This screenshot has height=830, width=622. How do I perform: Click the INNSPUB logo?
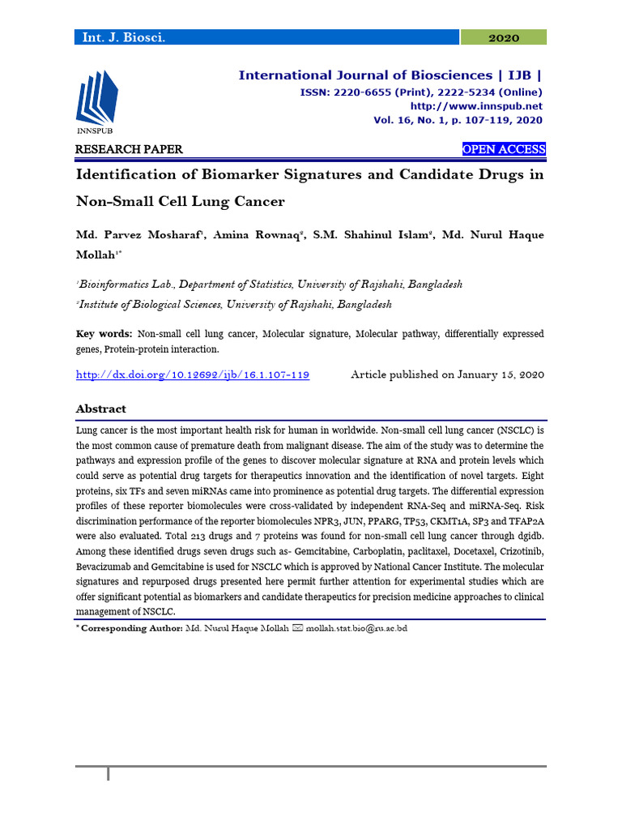coord(96,101)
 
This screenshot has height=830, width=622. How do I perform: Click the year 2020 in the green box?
coord(503,37)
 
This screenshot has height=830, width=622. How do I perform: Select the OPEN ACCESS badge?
coord(503,149)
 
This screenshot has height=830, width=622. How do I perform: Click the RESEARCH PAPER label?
coord(129,149)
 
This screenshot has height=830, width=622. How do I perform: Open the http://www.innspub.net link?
coord(476,106)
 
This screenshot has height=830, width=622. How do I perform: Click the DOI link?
coord(193,374)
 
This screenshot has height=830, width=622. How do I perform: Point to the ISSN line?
coord(421,92)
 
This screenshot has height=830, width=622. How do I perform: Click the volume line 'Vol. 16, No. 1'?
coord(458,120)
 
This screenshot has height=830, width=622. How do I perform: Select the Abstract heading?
coord(100,409)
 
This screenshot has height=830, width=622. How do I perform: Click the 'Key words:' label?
coord(104,334)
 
